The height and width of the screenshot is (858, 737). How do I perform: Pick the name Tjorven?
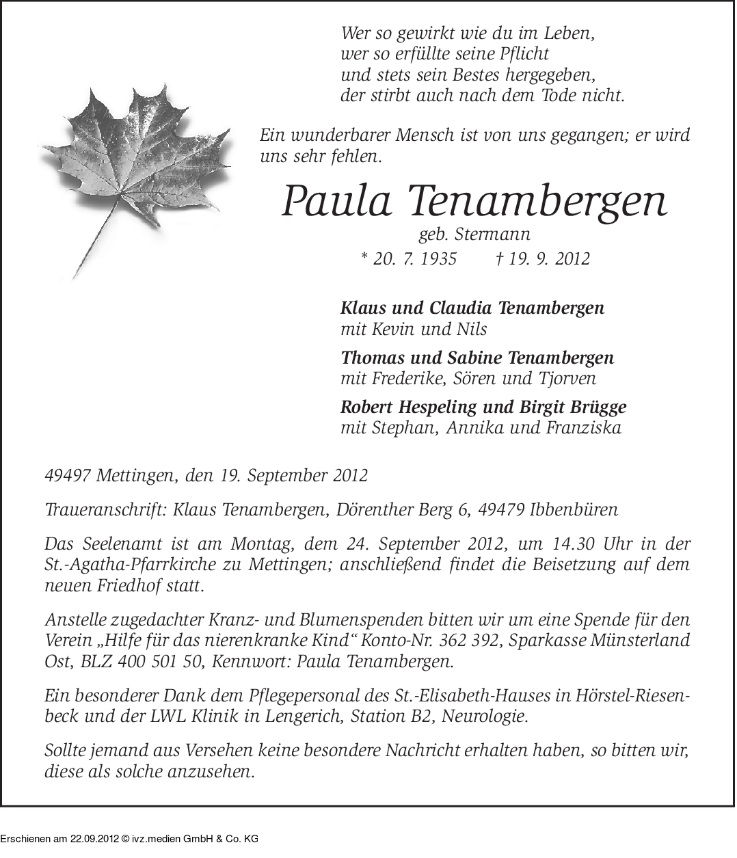point(565,378)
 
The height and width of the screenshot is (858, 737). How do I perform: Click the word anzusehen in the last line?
point(206,773)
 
